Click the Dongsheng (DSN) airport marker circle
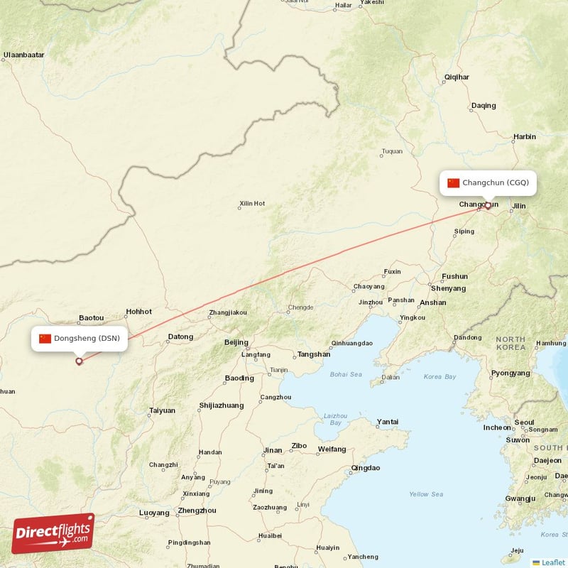tap(79, 361)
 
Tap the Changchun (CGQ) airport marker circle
tap(488, 206)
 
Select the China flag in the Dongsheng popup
tap(45, 338)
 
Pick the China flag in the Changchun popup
tap(454, 182)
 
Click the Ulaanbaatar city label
tap(24, 55)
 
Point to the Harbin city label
tap(525, 136)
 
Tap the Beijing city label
tap(236, 342)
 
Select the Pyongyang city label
tap(510, 373)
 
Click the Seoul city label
tap(524, 422)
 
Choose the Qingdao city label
tap(366, 468)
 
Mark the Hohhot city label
tap(138, 311)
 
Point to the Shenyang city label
tap(448, 288)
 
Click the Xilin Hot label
tap(252, 204)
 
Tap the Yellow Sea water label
tap(426, 494)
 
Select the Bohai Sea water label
tap(346, 374)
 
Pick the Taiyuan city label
tap(162, 410)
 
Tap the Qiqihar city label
tap(457, 77)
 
